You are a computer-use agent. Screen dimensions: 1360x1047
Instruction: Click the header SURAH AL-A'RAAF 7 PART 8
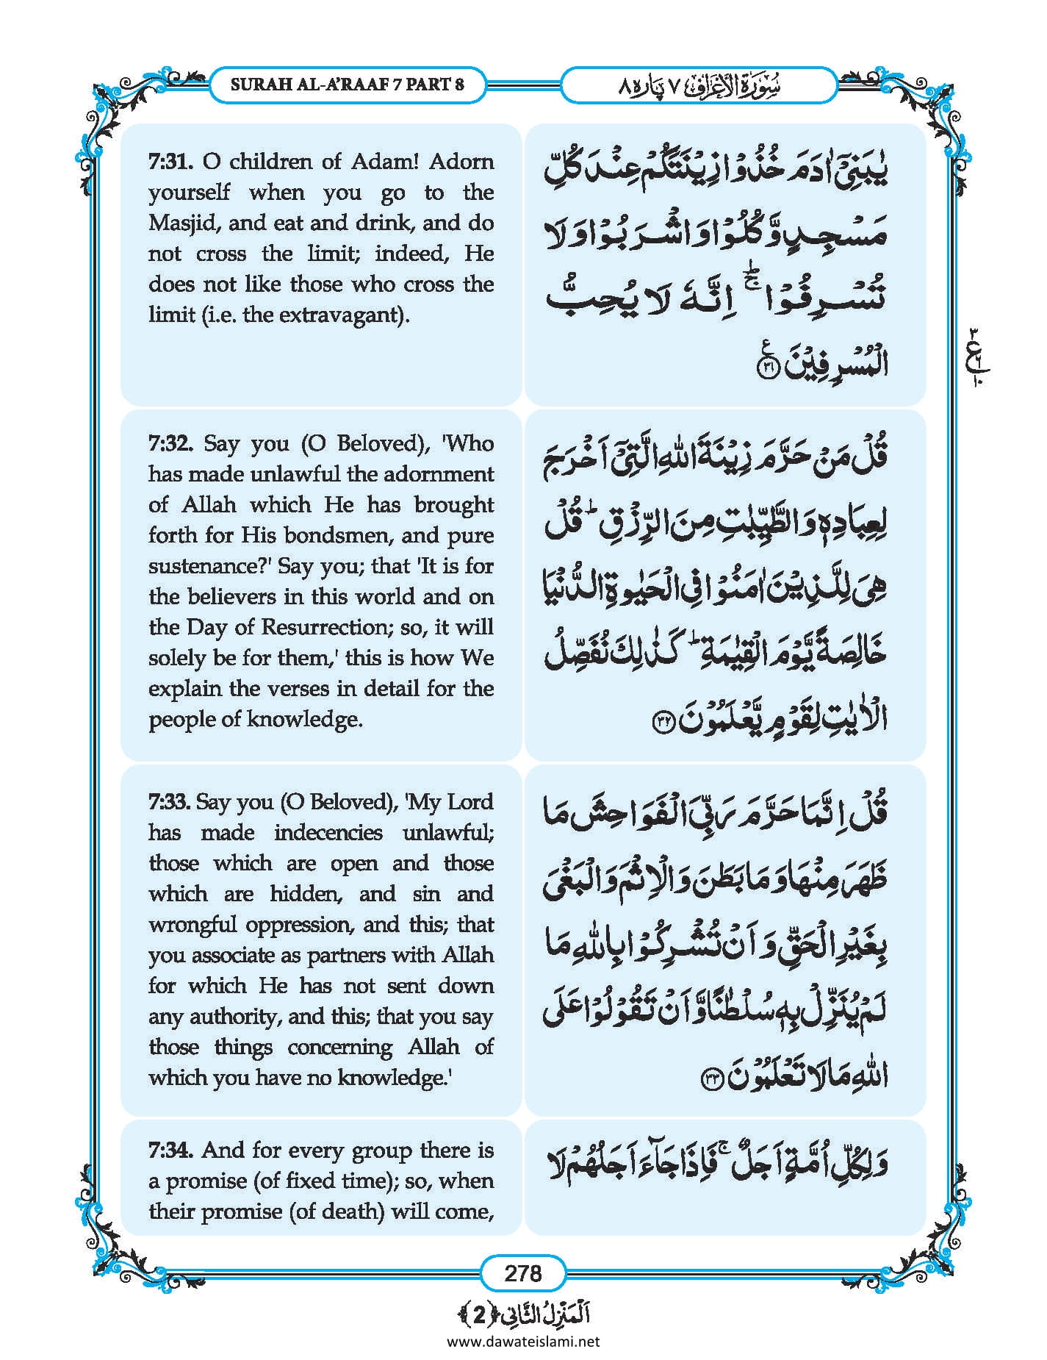click(347, 84)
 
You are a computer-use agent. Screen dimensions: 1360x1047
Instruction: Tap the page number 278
click(522, 1273)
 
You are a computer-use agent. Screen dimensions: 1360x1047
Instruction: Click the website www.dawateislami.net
click(522, 1341)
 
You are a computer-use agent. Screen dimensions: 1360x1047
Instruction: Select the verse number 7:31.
click(171, 161)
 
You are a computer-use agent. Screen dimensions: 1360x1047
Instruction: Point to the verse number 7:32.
click(171, 443)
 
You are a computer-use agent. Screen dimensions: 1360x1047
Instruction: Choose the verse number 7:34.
click(171, 1150)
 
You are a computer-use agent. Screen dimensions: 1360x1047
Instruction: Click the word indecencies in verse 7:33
click(328, 832)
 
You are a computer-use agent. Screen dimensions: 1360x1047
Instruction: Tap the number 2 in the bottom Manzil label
click(479, 1316)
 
